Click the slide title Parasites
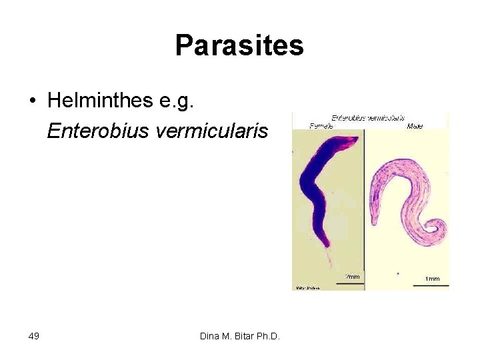click(x=239, y=46)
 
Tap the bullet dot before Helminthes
click(x=32, y=101)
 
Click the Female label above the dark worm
click(x=322, y=125)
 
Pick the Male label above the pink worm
click(x=414, y=125)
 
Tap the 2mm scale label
click(x=351, y=277)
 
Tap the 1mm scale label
click(x=432, y=278)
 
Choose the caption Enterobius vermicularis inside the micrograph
click(x=368, y=118)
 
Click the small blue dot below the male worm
click(x=398, y=273)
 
